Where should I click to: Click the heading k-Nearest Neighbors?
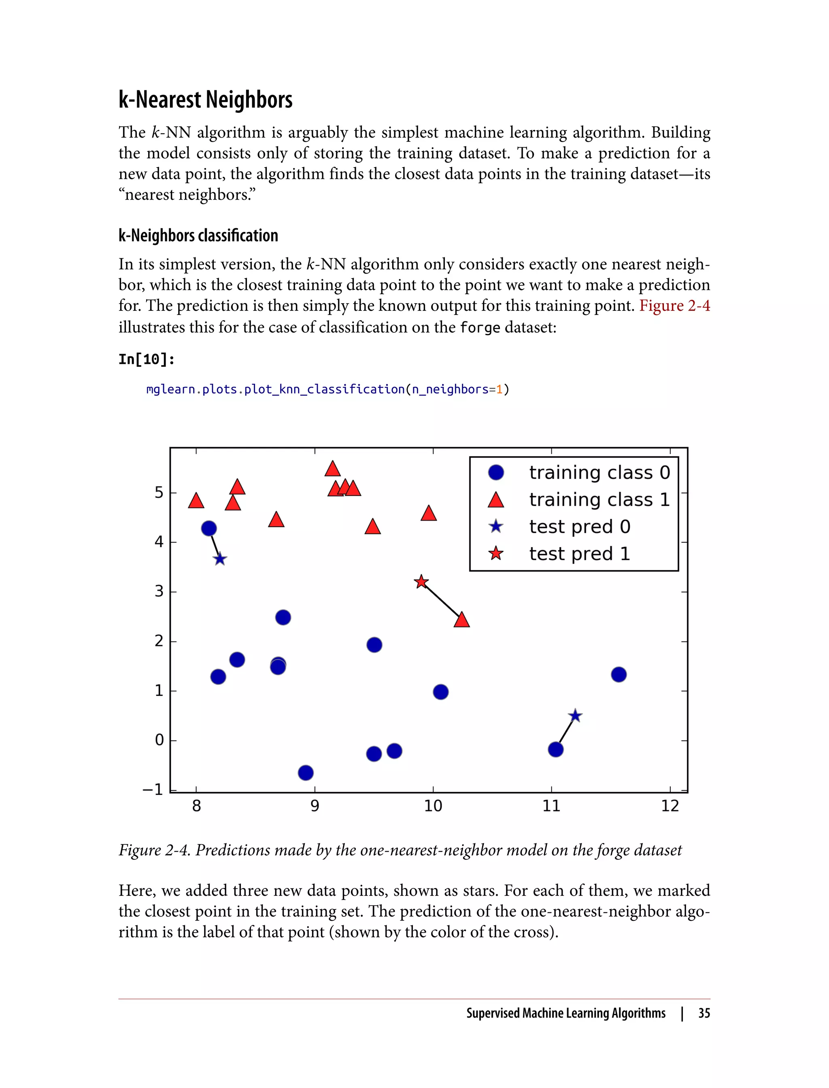(x=205, y=100)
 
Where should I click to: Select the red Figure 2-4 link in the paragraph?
(x=674, y=306)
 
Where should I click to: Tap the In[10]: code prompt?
(x=147, y=359)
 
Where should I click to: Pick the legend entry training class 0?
(x=599, y=473)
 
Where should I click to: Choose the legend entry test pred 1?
(x=579, y=554)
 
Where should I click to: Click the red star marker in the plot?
(x=421, y=582)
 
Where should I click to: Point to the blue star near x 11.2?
(x=575, y=716)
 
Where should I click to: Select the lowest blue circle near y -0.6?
(x=306, y=773)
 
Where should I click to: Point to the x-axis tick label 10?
(x=433, y=806)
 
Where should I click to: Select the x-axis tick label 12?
(x=670, y=806)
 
